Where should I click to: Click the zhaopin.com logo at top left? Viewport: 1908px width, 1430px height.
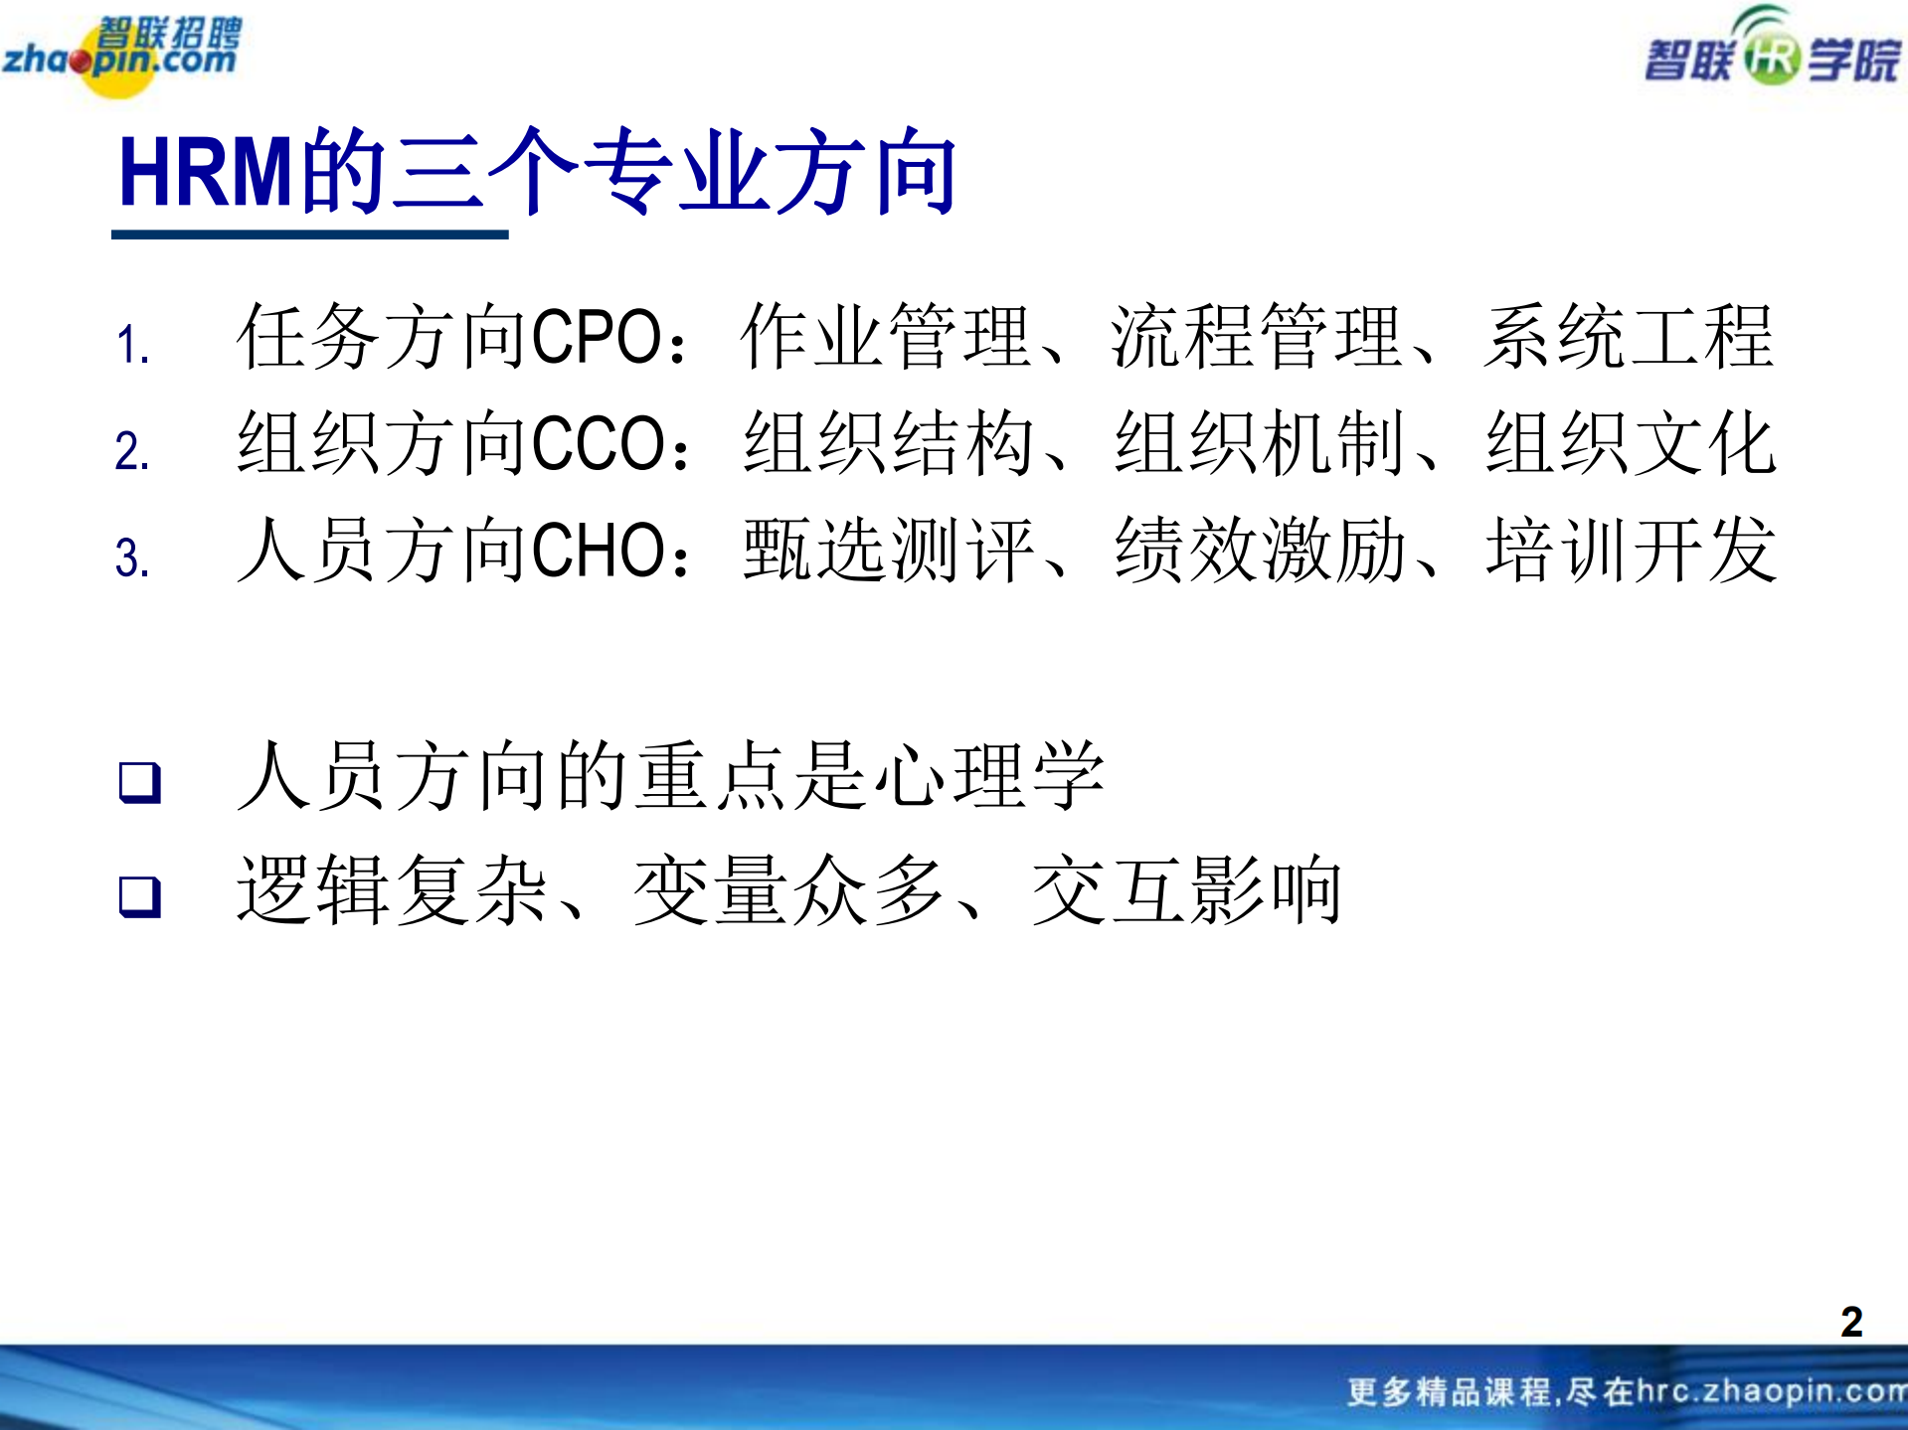click(121, 56)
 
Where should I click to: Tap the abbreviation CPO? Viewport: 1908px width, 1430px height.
click(596, 337)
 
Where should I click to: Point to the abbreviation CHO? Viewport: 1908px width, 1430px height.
click(598, 550)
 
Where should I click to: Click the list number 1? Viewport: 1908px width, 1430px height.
click(131, 346)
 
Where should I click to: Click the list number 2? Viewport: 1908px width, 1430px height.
click(131, 451)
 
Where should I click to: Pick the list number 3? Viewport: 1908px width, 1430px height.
click(131, 557)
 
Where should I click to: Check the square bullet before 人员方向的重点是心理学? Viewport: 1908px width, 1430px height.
click(139, 782)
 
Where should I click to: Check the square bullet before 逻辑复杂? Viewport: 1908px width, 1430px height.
click(139, 896)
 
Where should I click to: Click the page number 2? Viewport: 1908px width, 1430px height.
click(1850, 1322)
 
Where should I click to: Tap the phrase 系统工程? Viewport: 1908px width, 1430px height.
click(1629, 337)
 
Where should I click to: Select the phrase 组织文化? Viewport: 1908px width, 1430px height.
click(1631, 443)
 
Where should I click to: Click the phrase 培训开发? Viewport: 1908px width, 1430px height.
click(1631, 550)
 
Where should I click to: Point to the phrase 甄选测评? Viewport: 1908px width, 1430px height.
click(889, 550)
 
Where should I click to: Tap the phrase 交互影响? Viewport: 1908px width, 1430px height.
click(1186, 890)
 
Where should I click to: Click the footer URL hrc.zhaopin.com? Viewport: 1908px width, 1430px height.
click(1770, 1391)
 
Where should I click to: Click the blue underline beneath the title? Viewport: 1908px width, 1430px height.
click(309, 235)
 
